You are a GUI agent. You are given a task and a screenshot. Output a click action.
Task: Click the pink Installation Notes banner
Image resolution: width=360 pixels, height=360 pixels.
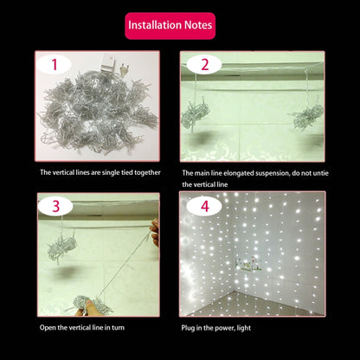pyautogui.click(x=169, y=25)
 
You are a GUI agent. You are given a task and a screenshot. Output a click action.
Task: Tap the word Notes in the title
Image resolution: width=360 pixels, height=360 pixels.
pyautogui.click(x=196, y=25)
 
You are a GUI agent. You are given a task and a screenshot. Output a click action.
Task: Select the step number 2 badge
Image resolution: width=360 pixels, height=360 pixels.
pyautogui.click(x=204, y=65)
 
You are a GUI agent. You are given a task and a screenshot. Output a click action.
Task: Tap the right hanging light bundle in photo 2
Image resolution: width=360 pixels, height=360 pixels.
pyautogui.click(x=307, y=119)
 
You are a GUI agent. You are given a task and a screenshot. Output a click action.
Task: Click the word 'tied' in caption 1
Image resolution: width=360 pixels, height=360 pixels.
pyautogui.click(x=130, y=173)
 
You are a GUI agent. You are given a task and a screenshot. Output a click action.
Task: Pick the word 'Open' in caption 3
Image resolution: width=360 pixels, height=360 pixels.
pyautogui.click(x=48, y=329)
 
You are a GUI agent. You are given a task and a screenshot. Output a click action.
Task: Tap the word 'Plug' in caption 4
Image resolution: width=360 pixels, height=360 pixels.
pyautogui.click(x=191, y=329)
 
